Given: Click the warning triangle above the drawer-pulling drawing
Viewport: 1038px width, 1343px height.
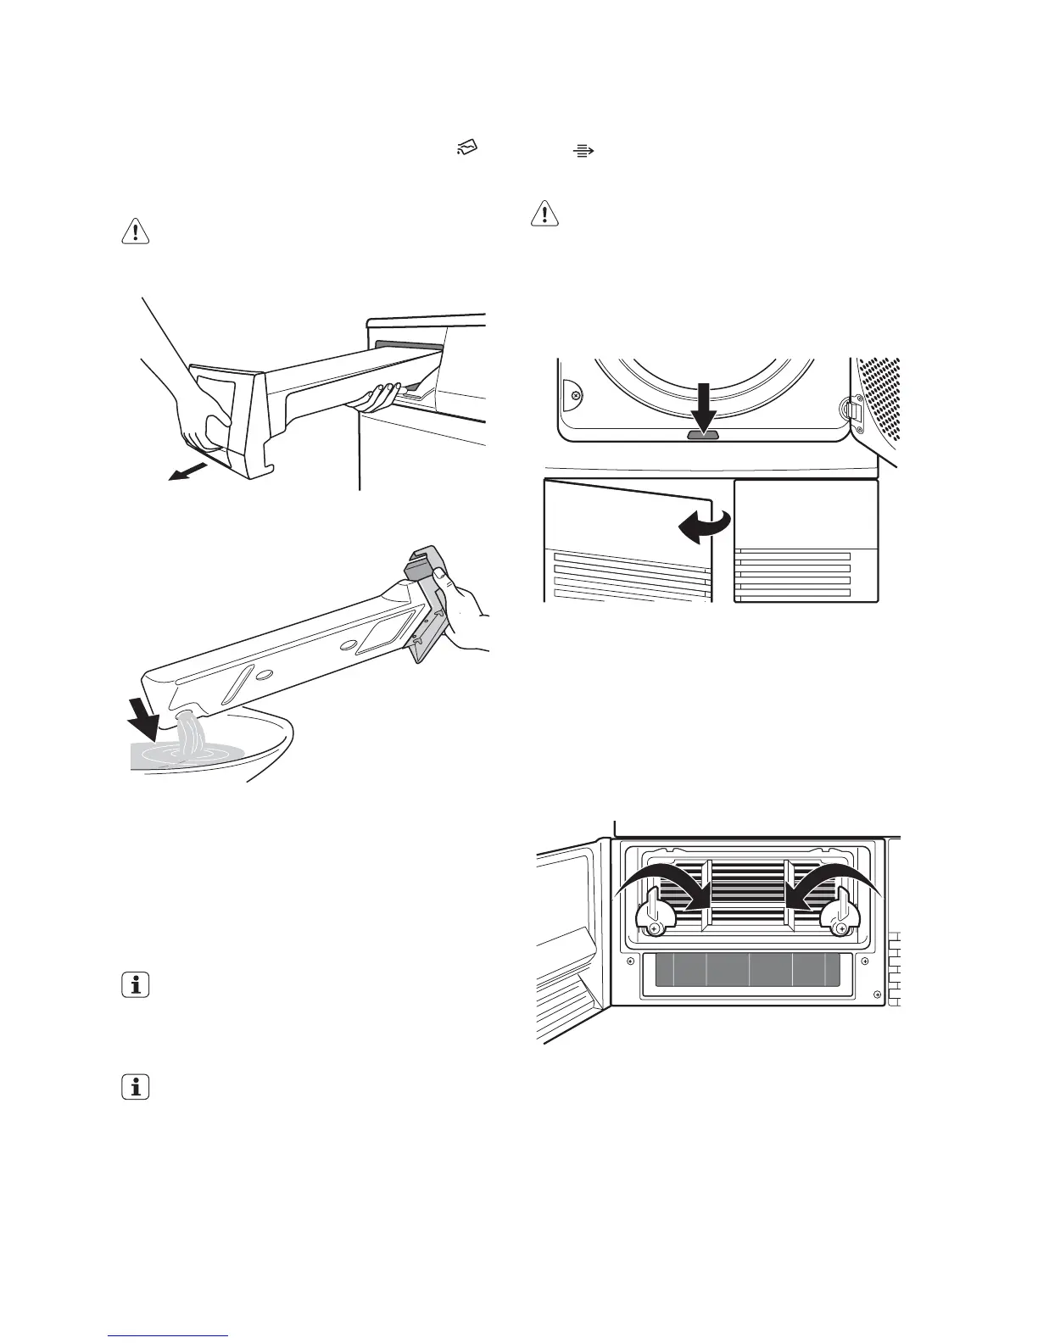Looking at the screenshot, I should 136,231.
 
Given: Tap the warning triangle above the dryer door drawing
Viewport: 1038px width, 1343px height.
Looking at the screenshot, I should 544,214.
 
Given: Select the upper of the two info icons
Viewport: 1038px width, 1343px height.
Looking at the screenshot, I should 136,985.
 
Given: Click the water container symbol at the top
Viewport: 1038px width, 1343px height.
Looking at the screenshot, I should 467,150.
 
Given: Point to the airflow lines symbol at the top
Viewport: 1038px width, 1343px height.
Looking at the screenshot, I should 583,151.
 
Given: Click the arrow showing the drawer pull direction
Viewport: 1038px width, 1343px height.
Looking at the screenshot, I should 188,471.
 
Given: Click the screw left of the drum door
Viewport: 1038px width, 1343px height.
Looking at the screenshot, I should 576,396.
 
